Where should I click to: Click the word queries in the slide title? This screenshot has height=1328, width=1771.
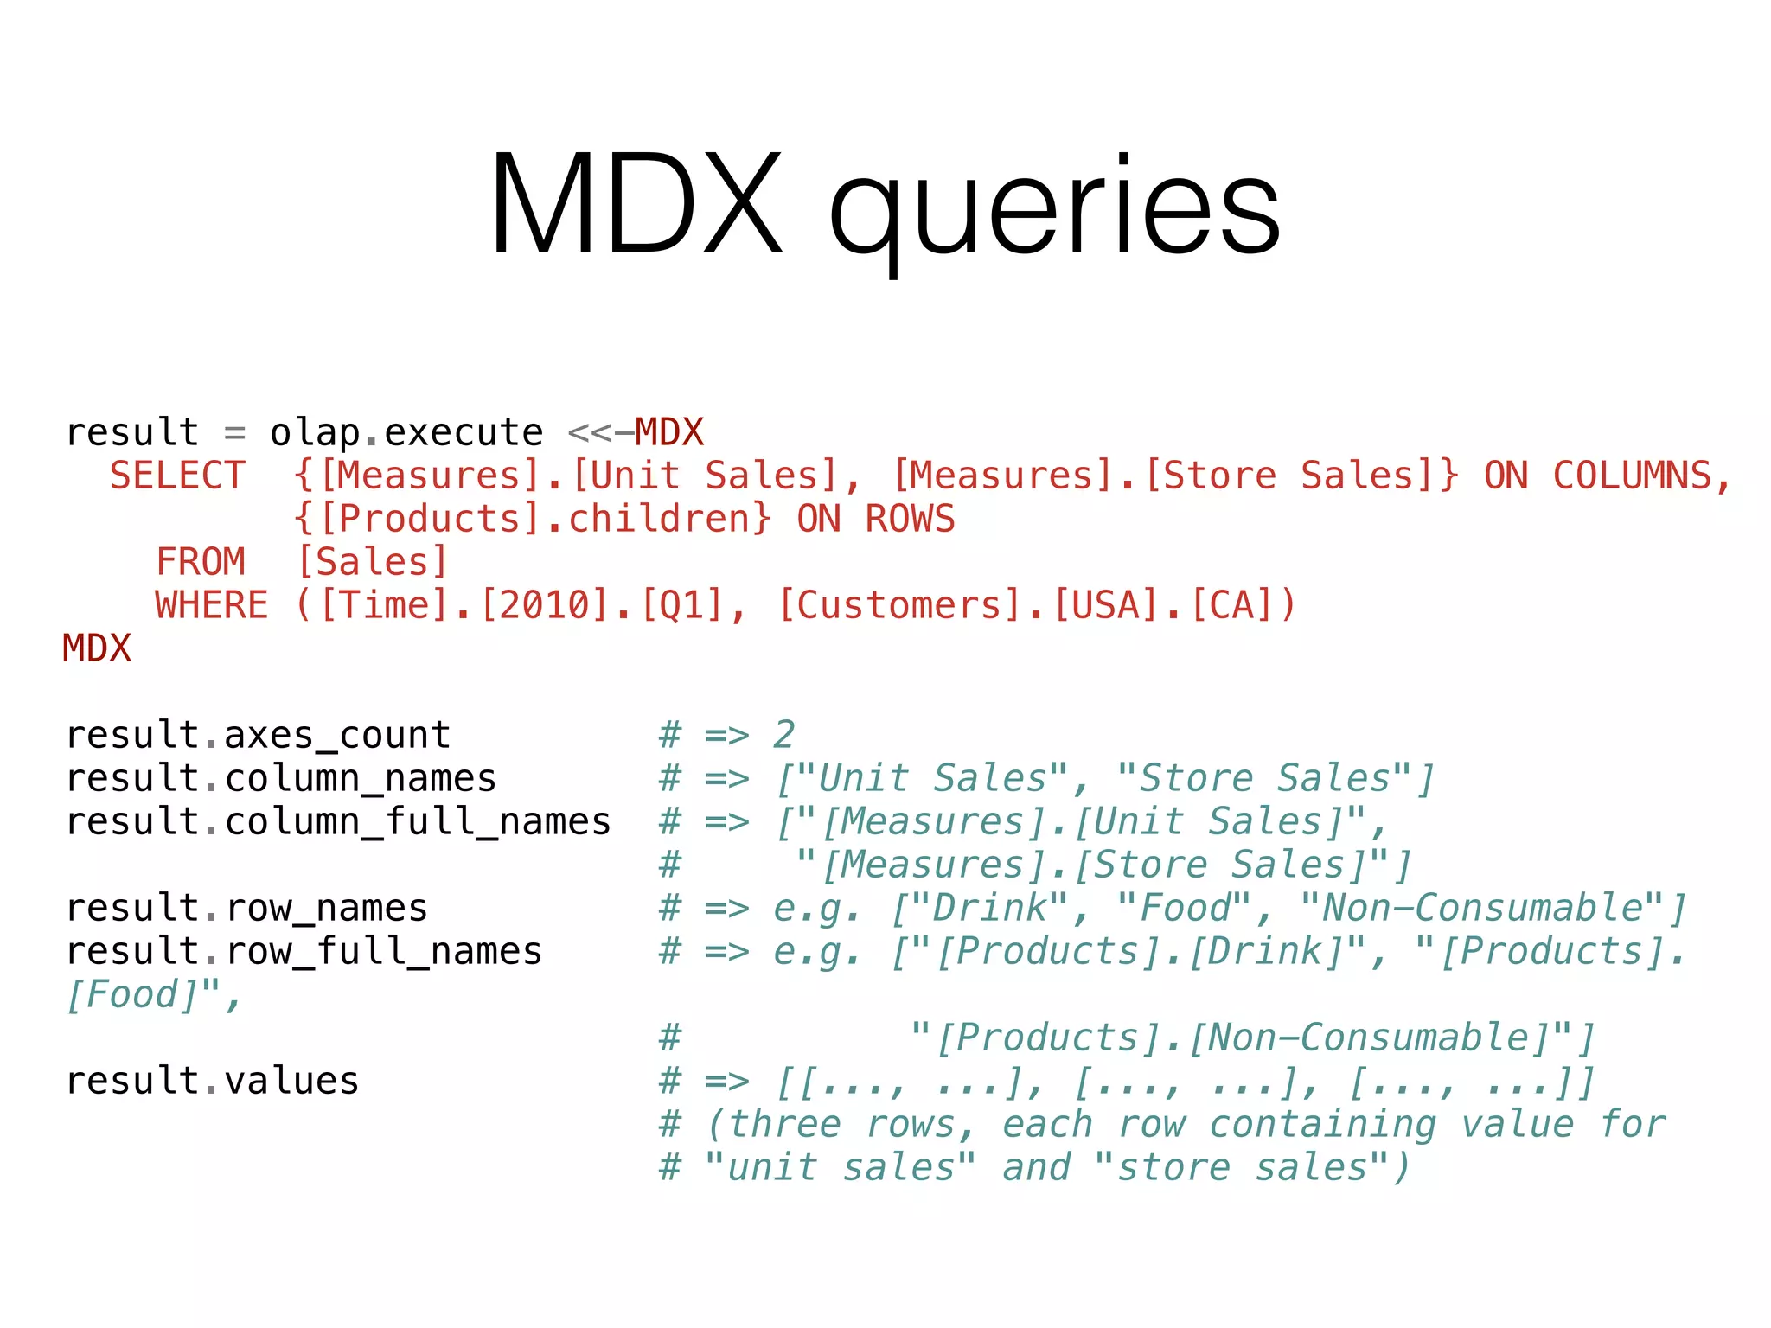(1055, 212)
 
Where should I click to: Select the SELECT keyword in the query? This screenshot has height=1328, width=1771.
(177, 476)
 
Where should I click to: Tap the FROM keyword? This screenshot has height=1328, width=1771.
(201, 562)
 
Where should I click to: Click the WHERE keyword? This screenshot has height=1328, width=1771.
(212, 605)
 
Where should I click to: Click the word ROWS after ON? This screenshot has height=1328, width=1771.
(910, 519)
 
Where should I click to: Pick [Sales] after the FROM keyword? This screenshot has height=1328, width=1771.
(372, 562)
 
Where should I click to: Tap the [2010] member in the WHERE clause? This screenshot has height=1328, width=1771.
(545, 605)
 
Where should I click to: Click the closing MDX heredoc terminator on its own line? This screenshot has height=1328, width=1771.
(97, 648)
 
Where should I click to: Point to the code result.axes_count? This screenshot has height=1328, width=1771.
(258, 735)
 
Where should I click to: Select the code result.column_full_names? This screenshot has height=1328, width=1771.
(338, 821)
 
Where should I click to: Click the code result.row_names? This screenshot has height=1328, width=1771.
(246, 908)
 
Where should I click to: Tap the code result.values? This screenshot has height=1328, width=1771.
(212, 1081)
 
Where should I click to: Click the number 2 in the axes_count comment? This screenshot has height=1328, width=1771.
(783, 735)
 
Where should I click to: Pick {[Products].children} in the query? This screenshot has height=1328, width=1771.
(532, 519)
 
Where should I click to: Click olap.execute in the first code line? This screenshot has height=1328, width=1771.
(406, 432)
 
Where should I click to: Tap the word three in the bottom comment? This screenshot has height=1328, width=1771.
(784, 1124)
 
